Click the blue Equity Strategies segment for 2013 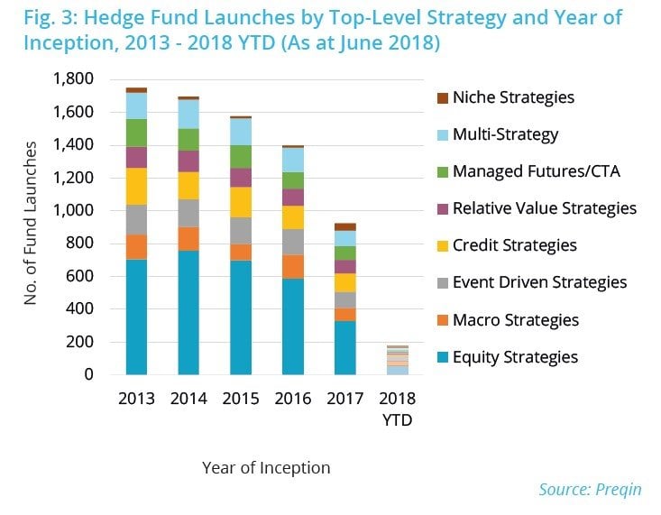[x=136, y=317]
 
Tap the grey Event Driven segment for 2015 [x=241, y=230]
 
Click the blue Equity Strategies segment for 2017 [x=345, y=347]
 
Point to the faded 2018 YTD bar [x=398, y=360]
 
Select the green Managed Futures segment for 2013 [x=136, y=133]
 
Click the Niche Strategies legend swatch [x=442, y=97]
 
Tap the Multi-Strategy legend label [x=505, y=134]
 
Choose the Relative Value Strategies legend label [x=545, y=208]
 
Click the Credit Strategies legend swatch [x=442, y=245]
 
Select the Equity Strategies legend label [x=515, y=356]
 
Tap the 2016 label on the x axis [x=293, y=399]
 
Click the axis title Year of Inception [x=265, y=467]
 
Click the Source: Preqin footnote [x=590, y=489]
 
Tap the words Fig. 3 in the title [x=43, y=18]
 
